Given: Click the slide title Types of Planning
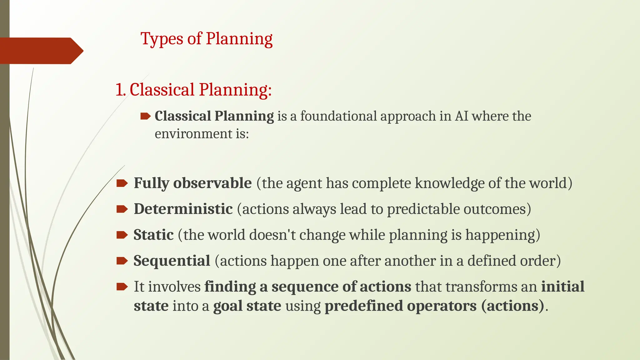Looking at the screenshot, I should pos(206,39).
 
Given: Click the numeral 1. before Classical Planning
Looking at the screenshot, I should pos(120,90).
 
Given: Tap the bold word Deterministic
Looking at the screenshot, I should pos(183,209).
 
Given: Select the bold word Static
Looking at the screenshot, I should pos(153,235).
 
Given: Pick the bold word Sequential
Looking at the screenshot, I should pos(172,261).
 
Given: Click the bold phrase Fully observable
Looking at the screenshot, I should pos(192,183).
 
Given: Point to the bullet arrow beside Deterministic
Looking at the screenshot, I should pos(122,209).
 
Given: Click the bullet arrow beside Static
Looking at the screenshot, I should pos(122,235).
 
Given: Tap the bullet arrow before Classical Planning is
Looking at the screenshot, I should pos(145,117).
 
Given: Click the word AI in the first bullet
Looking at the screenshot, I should pos(461,116).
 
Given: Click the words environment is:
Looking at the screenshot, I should pos(202,134).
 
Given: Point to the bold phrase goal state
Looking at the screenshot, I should pos(247,306).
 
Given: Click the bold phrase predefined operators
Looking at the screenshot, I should pos(401,306).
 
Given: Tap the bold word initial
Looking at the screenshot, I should pos(562,287).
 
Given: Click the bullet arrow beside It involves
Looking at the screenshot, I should pos(122,287).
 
